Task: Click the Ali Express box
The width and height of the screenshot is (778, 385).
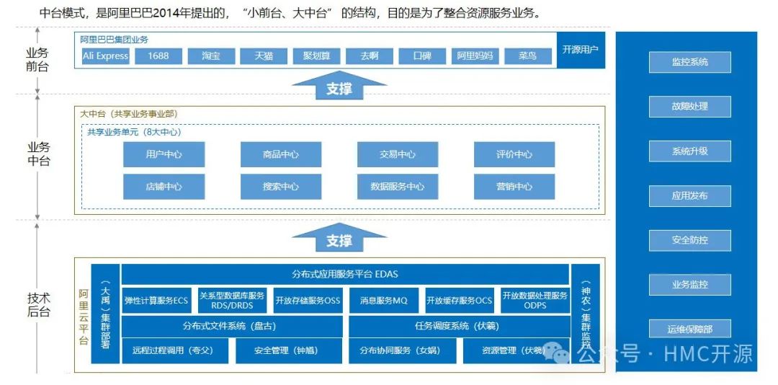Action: [105, 56]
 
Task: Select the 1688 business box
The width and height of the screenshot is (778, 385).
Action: [158, 56]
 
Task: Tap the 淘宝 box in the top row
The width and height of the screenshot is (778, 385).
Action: [211, 56]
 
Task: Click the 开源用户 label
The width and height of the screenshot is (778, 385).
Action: [580, 50]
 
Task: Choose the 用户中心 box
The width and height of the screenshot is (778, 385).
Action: [164, 154]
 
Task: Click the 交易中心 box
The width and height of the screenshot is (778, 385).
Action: [397, 154]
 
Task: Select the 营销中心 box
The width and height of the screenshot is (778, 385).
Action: [514, 187]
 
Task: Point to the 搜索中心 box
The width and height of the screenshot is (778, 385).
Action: [280, 187]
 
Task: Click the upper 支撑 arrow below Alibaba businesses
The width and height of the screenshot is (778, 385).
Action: [339, 87]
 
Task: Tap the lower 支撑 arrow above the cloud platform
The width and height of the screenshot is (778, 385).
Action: [339, 239]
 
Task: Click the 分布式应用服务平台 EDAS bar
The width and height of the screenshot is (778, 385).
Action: [345, 275]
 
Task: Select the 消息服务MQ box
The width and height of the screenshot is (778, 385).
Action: [383, 301]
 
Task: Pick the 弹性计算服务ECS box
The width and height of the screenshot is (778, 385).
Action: [156, 301]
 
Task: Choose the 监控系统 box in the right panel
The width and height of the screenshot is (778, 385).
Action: [689, 62]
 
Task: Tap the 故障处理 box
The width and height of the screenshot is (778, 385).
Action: [689, 107]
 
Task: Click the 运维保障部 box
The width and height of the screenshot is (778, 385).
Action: [689, 329]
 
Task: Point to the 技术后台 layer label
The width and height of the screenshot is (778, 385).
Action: [38, 305]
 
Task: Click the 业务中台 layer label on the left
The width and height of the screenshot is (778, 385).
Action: [38, 154]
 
